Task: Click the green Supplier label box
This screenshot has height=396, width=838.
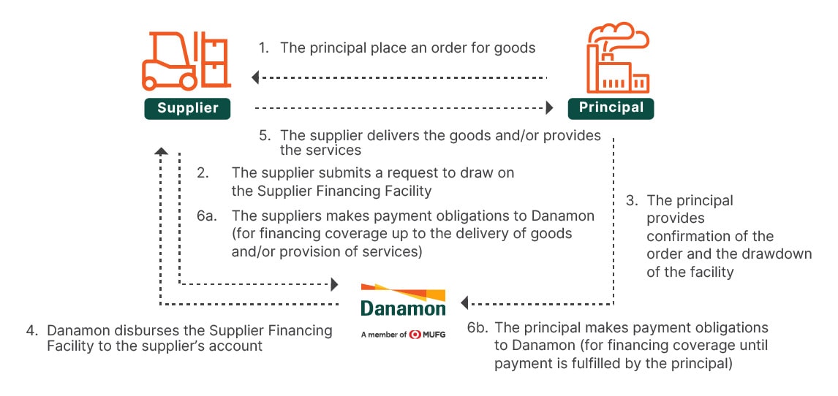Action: pyautogui.click(x=188, y=108)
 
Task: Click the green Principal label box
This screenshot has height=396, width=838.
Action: pyautogui.click(x=611, y=107)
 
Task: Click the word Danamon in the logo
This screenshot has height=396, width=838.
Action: pyautogui.click(x=403, y=308)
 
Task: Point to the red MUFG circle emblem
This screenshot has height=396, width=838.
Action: pyautogui.click(x=415, y=335)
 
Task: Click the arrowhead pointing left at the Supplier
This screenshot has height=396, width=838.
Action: pyautogui.click(x=255, y=77)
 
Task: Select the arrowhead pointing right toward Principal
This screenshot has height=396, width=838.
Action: pyautogui.click(x=549, y=108)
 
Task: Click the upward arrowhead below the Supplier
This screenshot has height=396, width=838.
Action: pyautogui.click(x=161, y=151)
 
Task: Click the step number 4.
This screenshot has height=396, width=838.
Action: pyautogui.click(x=31, y=330)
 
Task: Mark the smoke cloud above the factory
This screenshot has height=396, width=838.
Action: pyautogui.click(x=622, y=34)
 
